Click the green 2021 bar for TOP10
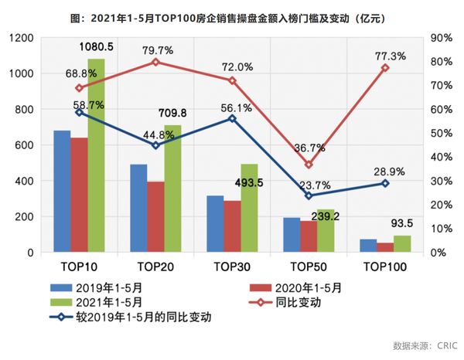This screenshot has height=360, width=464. tap(96, 155)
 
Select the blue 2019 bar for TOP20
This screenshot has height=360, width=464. tap(138, 208)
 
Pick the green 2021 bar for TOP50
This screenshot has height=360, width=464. tap(325, 230)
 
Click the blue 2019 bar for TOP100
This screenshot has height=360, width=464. tap(368, 246)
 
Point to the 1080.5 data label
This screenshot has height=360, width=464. tap(96, 46)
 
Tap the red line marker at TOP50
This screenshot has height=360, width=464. tap(309, 165)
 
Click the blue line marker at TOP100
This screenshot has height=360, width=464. tap(385, 183)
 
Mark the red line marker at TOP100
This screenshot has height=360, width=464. tap(385, 68)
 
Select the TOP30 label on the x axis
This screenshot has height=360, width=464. tap(231, 267)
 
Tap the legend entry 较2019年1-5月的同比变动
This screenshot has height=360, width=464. tap(131, 317)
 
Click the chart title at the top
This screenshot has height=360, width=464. tap(231, 15)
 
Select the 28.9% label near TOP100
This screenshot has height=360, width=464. tap(384, 168)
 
